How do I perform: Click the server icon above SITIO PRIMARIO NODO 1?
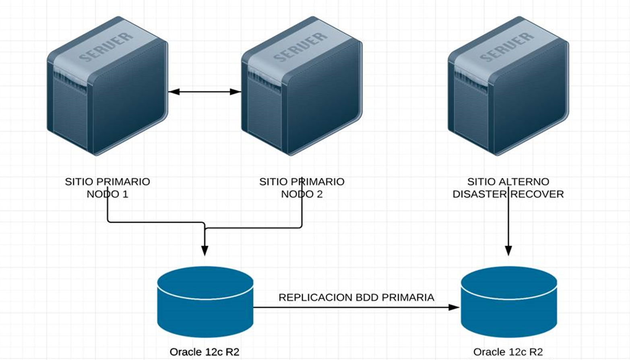click(x=107, y=86)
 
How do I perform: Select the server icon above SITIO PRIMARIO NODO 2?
click(x=302, y=86)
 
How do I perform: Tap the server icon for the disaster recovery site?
click(x=508, y=86)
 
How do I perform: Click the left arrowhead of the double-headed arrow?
click(x=174, y=92)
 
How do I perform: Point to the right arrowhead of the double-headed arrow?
click(x=235, y=92)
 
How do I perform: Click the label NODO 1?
click(x=107, y=194)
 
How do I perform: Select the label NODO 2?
click(x=302, y=194)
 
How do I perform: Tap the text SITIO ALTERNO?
click(x=508, y=182)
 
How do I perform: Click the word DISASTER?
click(x=480, y=194)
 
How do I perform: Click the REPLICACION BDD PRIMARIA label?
click(x=356, y=297)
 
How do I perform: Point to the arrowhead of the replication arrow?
click(x=454, y=307)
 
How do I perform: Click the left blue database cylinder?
click(x=205, y=302)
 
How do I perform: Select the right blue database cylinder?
click(x=509, y=302)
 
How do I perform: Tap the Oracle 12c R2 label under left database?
click(x=204, y=352)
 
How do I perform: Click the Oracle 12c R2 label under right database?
click(x=508, y=352)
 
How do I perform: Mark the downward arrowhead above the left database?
click(x=205, y=250)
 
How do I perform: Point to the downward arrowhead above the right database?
click(x=508, y=250)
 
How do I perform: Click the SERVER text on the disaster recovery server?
click(x=506, y=47)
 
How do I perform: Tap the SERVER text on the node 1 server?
click(x=105, y=47)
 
